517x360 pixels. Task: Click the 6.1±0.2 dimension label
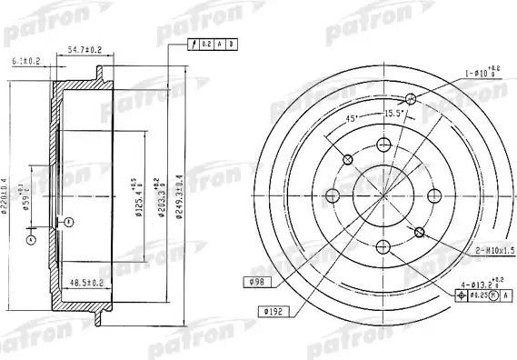(25, 61)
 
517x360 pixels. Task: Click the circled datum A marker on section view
(31, 240)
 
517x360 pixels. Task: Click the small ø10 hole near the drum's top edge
(411, 100)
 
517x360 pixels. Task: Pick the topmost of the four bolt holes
(383, 144)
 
